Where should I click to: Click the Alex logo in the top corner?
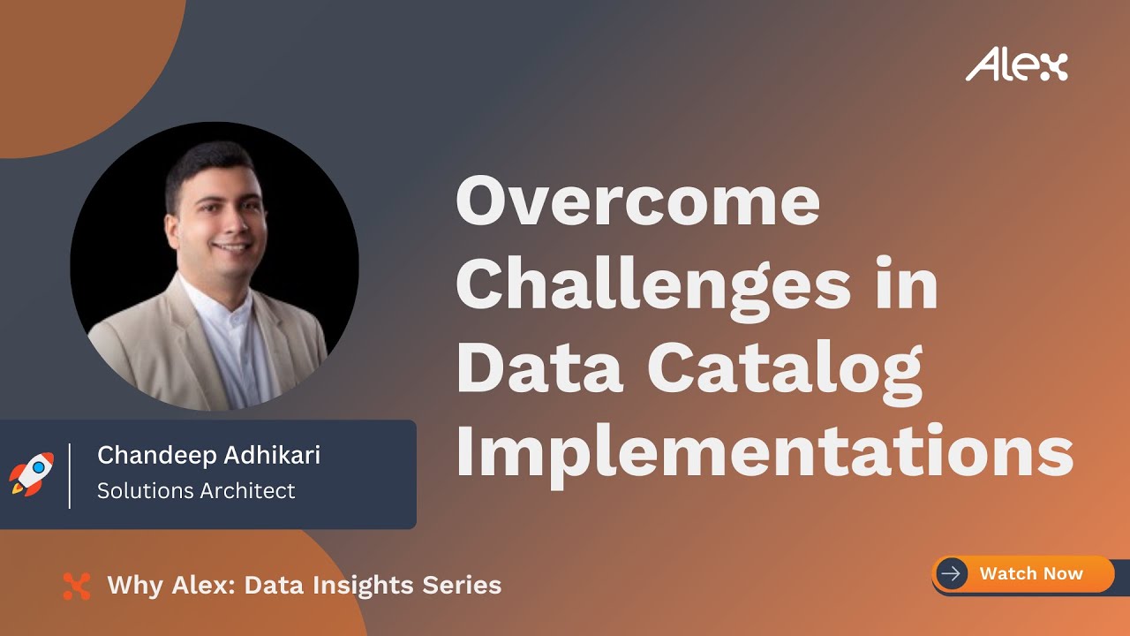[x=1016, y=65]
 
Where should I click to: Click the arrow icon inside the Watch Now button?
[x=951, y=573]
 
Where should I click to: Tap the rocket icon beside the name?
[x=31, y=474]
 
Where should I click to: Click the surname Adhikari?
[x=273, y=456]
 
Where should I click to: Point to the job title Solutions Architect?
[x=196, y=491]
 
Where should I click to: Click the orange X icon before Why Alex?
[x=77, y=586]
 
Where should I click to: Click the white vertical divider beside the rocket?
[x=70, y=476]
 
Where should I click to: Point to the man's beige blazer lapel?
[x=172, y=336]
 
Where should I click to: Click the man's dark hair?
[x=207, y=159]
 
